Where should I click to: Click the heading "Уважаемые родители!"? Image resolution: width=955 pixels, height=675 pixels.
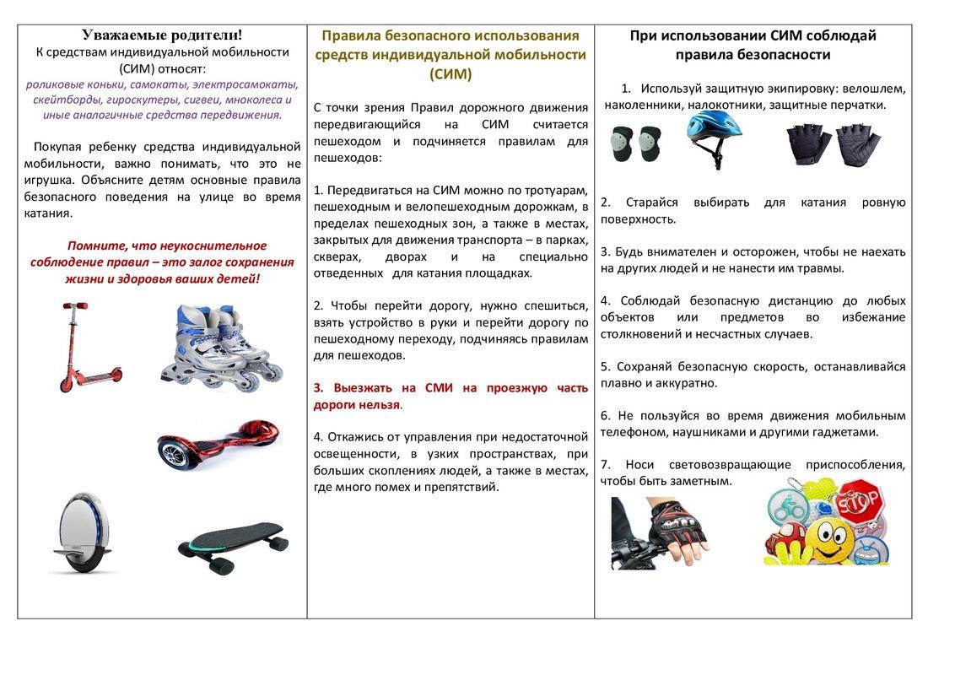(162, 35)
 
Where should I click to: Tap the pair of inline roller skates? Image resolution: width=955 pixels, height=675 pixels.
(221, 347)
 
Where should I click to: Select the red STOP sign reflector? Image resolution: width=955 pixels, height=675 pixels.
(860, 502)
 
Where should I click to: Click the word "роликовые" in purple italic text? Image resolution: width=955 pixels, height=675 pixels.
(52, 84)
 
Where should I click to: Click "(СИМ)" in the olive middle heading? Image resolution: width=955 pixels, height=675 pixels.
(450, 74)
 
